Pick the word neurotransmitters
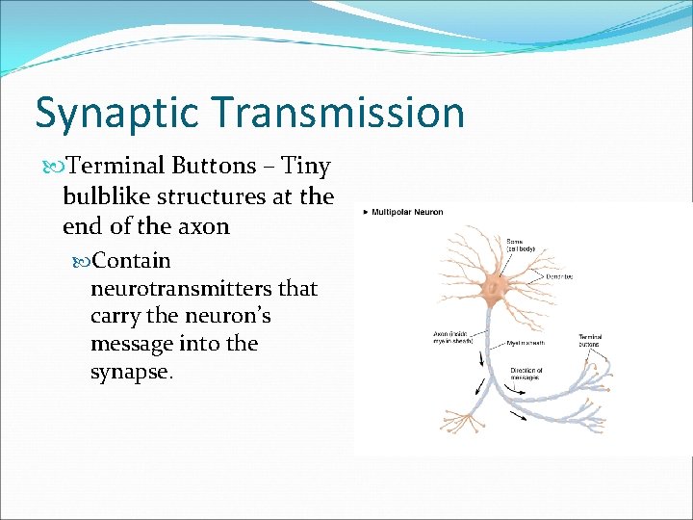click(x=183, y=289)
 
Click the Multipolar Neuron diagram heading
click(x=407, y=212)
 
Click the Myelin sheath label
click(x=526, y=342)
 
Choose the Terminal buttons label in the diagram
click(x=590, y=341)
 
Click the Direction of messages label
click(x=526, y=375)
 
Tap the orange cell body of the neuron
click(x=498, y=285)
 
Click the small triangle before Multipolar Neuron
click(x=366, y=212)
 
